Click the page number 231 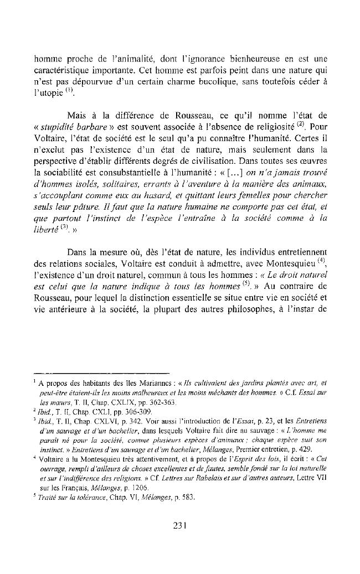[179, 526]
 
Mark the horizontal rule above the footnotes [100, 372]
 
